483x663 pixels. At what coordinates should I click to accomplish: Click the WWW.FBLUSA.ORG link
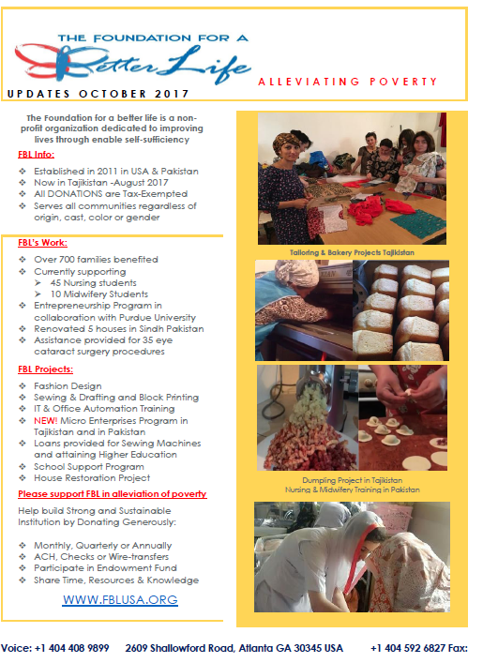point(120,599)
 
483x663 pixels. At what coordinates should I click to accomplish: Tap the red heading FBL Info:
point(36,155)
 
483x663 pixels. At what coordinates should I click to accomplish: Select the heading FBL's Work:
point(42,243)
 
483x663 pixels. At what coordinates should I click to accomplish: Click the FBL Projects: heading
point(45,369)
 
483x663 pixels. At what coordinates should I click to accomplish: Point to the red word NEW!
point(46,421)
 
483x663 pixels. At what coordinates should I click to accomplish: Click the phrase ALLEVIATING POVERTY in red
point(348,82)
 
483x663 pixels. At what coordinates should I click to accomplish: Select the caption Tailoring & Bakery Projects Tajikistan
point(352,252)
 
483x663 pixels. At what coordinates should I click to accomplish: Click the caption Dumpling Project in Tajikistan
point(353,480)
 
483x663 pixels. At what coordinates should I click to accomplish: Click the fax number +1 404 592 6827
point(408,648)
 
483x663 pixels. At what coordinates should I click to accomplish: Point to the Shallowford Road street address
point(234,648)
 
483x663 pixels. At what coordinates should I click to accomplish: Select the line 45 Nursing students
point(93,283)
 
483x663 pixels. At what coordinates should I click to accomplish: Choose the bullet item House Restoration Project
point(92,478)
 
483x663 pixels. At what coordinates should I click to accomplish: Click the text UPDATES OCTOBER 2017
point(98,94)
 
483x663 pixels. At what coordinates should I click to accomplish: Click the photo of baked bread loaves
point(401,310)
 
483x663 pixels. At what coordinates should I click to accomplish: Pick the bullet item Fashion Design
point(68,386)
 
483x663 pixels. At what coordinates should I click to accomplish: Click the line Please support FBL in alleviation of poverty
point(113,494)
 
